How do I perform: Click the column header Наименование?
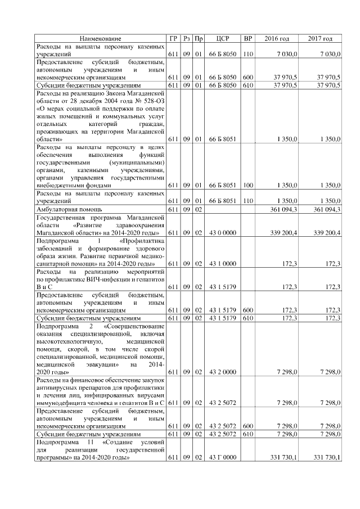(101, 38)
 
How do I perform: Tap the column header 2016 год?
(277, 38)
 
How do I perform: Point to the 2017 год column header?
(320, 38)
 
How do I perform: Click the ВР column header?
(247, 38)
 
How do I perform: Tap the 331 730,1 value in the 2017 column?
(323, 458)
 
